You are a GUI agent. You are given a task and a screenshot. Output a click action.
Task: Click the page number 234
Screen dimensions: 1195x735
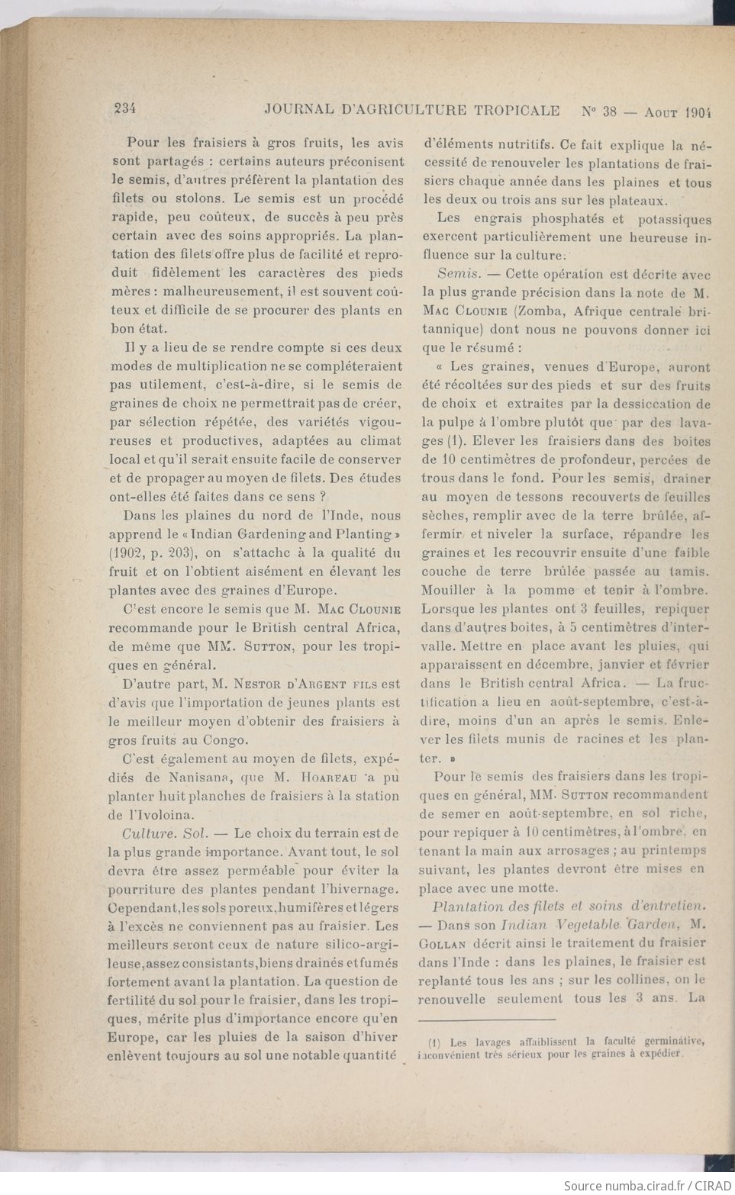coord(124,109)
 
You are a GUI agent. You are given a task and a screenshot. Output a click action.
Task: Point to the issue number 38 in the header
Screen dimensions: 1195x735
coord(608,110)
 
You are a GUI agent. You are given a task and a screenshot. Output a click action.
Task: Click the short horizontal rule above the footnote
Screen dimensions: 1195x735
coord(486,1019)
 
